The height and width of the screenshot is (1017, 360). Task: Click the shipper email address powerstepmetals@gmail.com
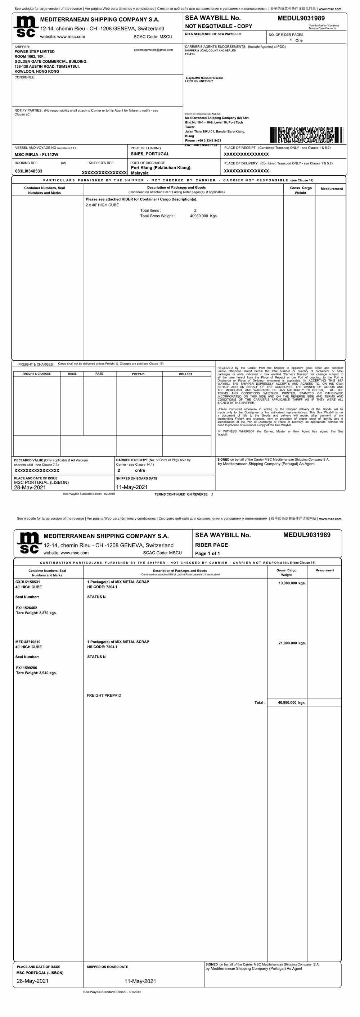click(153, 50)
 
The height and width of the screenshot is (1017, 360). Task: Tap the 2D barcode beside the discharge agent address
click(306, 135)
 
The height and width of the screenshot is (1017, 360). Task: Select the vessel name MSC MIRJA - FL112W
click(36, 154)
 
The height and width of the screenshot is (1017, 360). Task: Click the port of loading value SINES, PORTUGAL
click(150, 154)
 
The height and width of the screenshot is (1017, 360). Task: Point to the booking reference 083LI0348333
click(28, 171)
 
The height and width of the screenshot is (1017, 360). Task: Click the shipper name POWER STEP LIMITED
click(35, 51)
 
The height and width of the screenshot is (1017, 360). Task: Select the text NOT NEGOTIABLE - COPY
click(218, 26)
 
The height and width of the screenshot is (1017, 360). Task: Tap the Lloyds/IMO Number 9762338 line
click(204, 78)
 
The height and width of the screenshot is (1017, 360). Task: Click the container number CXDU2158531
click(28, 582)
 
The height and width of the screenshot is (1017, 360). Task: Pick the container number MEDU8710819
click(28, 642)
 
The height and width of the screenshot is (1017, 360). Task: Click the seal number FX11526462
click(26, 608)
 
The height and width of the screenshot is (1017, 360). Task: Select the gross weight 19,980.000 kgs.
click(292, 583)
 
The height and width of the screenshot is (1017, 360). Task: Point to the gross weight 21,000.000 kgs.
click(292, 643)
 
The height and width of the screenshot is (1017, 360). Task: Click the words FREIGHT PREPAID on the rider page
click(104, 695)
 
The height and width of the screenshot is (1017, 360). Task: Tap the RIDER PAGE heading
click(211, 545)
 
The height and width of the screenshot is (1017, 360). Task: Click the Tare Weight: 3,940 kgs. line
click(36, 673)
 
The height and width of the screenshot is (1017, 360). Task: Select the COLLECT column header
click(185, 374)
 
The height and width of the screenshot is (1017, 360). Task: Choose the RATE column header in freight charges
click(99, 374)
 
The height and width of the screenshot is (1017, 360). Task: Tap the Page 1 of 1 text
click(207, 553)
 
